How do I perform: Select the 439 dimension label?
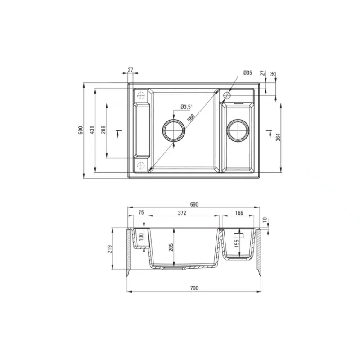[92, 130]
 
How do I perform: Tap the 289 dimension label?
[103, 130]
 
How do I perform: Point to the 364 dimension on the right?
[278, 137]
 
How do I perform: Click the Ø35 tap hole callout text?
[247, 72]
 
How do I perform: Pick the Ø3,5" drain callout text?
[186, 107]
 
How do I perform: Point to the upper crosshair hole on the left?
[140, 95]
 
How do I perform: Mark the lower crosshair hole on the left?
[140, 165]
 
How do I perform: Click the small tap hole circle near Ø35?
[227, 95]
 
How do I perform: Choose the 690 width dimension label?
[194, 204]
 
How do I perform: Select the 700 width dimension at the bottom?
[194, 288]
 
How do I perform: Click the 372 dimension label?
[182, 212]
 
